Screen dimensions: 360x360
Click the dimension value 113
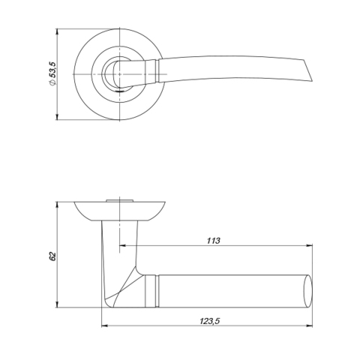tap(213, 241)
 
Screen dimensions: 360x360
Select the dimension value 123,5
tap(209, 321)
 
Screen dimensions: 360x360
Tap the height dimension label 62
tap(52, 256)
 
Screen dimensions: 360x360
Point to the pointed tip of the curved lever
tap(312, 81)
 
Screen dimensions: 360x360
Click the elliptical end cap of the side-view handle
tap(308, 291)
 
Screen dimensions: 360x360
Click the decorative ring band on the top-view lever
tap(157, 71)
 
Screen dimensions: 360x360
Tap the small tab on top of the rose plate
tap(119, 200)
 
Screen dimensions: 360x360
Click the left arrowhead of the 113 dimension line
tap(122, 245)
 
